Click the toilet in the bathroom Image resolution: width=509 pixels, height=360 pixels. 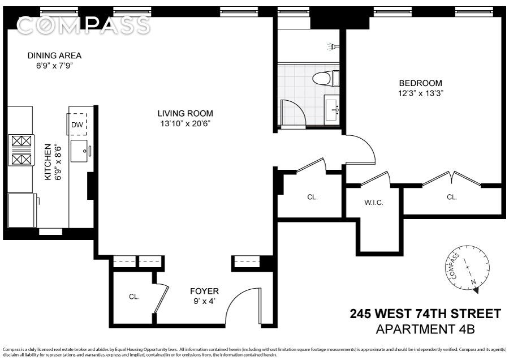click(326, 78)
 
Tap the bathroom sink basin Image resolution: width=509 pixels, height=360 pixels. click(332, 110)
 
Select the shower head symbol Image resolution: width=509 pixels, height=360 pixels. click(333, 46)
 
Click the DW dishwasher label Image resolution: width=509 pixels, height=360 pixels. click(77, 125)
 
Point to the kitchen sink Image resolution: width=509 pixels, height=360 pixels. click(80, 151)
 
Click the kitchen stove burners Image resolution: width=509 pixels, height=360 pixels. click(21, 150)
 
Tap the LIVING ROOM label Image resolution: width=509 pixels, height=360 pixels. click(186, 113)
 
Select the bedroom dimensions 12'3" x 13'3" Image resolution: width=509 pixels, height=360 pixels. click(421, 93)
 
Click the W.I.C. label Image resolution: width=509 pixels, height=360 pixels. click(374, 203)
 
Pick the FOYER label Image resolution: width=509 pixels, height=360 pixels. click(205, 291)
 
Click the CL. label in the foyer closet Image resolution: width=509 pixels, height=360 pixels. click(134, 297)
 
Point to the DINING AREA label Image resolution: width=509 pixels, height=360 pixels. click(54, 55)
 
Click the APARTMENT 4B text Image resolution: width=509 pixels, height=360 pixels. click(425, 329)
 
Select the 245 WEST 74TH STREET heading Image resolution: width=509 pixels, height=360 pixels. click(425, 314)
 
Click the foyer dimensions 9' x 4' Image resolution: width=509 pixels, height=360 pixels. click(205, 301)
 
